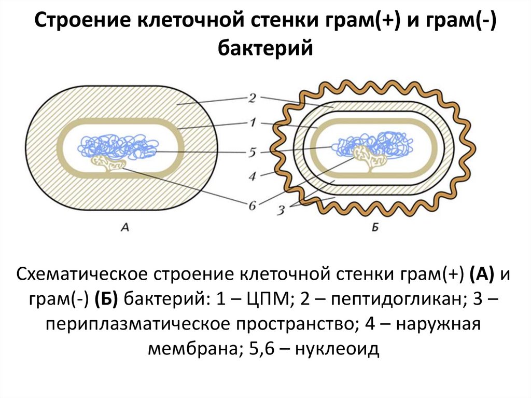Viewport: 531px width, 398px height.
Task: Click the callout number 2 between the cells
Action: (253, 99)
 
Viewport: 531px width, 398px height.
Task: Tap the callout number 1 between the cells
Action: (253, 123)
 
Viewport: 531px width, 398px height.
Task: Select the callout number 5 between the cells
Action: (252, 153)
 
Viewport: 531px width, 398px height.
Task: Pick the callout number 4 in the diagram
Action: (253, 176)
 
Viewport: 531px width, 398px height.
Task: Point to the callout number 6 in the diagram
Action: (253, 205)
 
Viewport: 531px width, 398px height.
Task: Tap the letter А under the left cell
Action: (124, 226)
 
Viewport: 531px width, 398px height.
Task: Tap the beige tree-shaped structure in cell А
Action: (109, 164)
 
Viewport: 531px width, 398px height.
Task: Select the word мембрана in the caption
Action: (192, 349)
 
